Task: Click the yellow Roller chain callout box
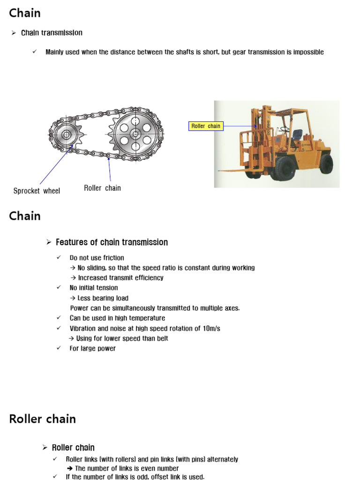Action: [205, 126]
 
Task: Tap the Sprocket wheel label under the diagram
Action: [37, 191]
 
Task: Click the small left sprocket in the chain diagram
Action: [65, 135]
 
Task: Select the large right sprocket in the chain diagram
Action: [135, 134]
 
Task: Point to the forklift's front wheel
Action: [285, 167]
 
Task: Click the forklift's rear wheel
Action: [325, 164]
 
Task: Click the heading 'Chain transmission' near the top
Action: [52, 33]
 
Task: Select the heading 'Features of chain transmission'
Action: [112, 242]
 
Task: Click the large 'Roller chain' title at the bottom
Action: [42, 419]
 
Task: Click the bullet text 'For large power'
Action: [92, 348]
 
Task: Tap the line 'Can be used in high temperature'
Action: [117, 318]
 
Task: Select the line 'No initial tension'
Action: [94, 288]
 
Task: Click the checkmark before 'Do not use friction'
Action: [59, 257]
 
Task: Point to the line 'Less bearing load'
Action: [103, 298]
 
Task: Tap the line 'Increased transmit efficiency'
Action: [120, 277]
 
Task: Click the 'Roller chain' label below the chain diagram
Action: [102, 188]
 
